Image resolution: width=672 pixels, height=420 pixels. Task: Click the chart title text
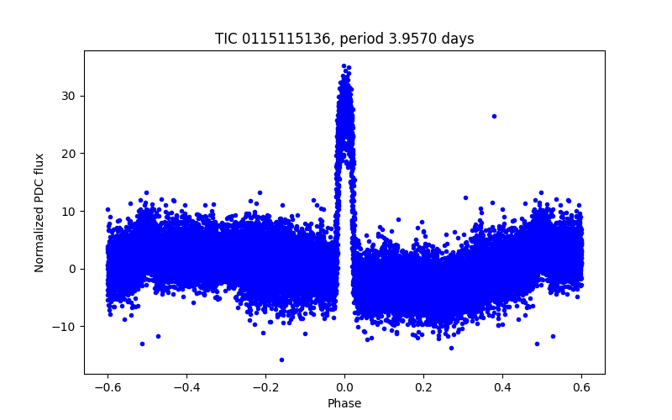point(344,39)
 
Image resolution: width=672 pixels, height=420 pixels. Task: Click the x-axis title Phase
point(344,403)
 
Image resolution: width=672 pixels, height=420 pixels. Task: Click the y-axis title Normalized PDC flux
point(39,212)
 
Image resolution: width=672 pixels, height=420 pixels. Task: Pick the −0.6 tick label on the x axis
point(108,387)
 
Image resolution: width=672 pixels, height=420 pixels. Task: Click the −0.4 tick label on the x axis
point(186,387)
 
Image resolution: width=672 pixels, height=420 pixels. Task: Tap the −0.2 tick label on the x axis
point(265,387)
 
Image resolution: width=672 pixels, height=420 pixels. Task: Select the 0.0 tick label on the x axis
point(344,387)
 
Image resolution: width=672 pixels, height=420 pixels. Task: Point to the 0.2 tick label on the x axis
point(423,387)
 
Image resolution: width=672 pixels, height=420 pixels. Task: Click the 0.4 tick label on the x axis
point(502,387)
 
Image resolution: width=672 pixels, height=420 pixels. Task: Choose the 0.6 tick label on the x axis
point(581,387)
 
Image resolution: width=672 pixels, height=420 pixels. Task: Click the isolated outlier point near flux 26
point(494,116)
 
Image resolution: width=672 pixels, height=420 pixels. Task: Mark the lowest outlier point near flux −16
point(281,360)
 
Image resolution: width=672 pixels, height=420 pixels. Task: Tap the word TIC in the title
point(226,39)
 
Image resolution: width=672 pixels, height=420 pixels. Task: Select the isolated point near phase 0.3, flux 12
point(465,197)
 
